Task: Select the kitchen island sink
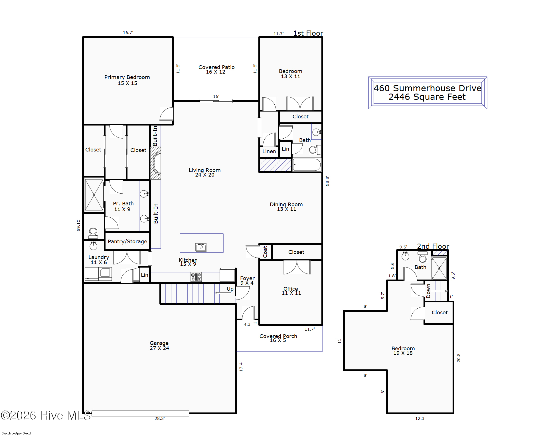point(201,247)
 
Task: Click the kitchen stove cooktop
point(196,277)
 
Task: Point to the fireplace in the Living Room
point(156,163)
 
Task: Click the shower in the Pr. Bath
point(94,195)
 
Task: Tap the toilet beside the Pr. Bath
point(93,233)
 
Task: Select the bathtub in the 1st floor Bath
point(307,165)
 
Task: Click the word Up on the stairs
point(230,289)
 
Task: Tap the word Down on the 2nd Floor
point(428,291)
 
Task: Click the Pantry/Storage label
point(127,242)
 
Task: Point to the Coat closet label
point(265,252)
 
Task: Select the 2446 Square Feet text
point(427,97)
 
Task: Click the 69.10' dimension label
point(78,225)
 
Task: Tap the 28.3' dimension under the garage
point(160,418)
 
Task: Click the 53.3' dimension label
point(327,181)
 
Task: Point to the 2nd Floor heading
point(433,246)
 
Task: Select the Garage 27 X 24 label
point(159,345)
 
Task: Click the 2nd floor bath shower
point(439,268)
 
